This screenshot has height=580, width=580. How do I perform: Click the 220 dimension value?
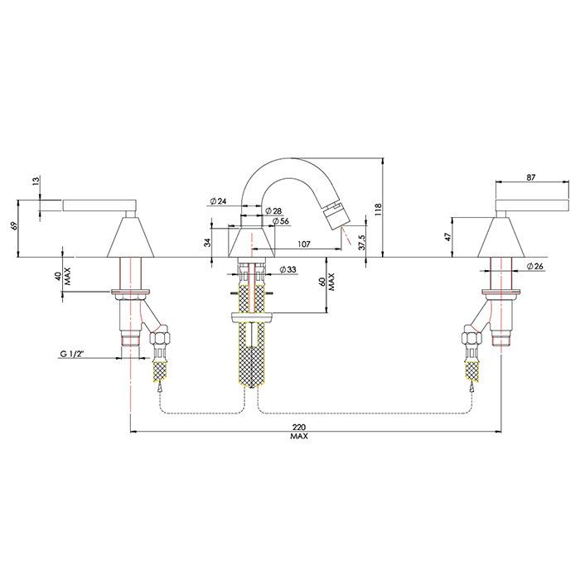point(298,424)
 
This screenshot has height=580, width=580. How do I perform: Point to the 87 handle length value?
point(530,176)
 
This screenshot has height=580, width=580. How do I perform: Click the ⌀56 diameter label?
point(279,221)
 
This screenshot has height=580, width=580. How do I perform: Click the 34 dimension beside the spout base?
point(206,242)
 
